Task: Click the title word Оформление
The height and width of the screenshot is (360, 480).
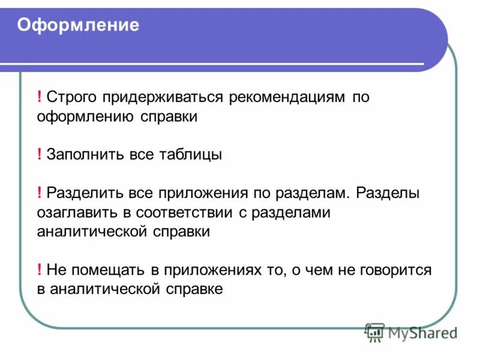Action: [x=78, y=26]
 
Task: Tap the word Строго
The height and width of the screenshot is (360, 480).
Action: [x=71, y=98]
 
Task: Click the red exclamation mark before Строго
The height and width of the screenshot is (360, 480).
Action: [x=39, y=98]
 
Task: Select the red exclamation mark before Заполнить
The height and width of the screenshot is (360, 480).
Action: [x=39, y=155]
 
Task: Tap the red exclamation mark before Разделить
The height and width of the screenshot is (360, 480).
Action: [x=39, y=193]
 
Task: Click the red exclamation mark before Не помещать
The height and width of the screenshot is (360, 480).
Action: [x=39, y=270]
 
